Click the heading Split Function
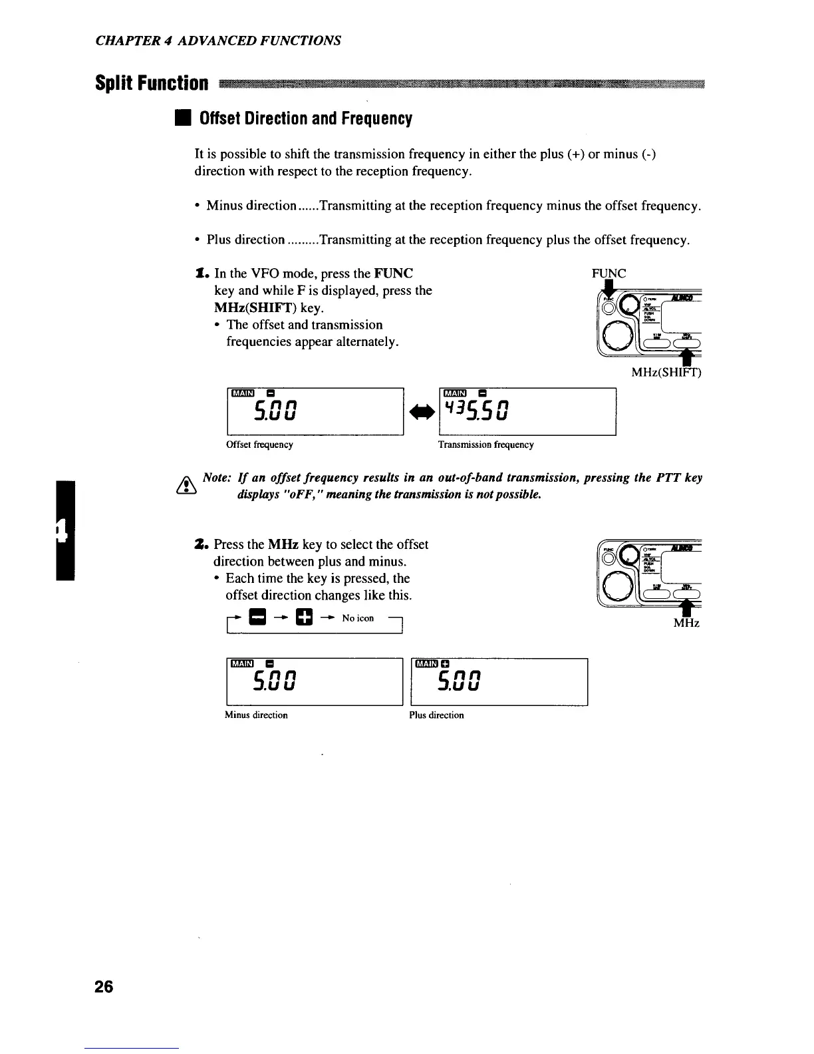coord(152,84)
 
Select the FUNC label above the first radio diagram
coord(609,273)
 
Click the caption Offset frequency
coord(260,444)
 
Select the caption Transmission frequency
coord(485,444)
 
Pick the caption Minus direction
coord(256,715)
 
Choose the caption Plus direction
coord(436,715)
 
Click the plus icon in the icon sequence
coord(303,618)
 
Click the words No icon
coord(358,618)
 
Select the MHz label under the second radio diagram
coord(687,623)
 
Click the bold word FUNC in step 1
coord(394,273)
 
